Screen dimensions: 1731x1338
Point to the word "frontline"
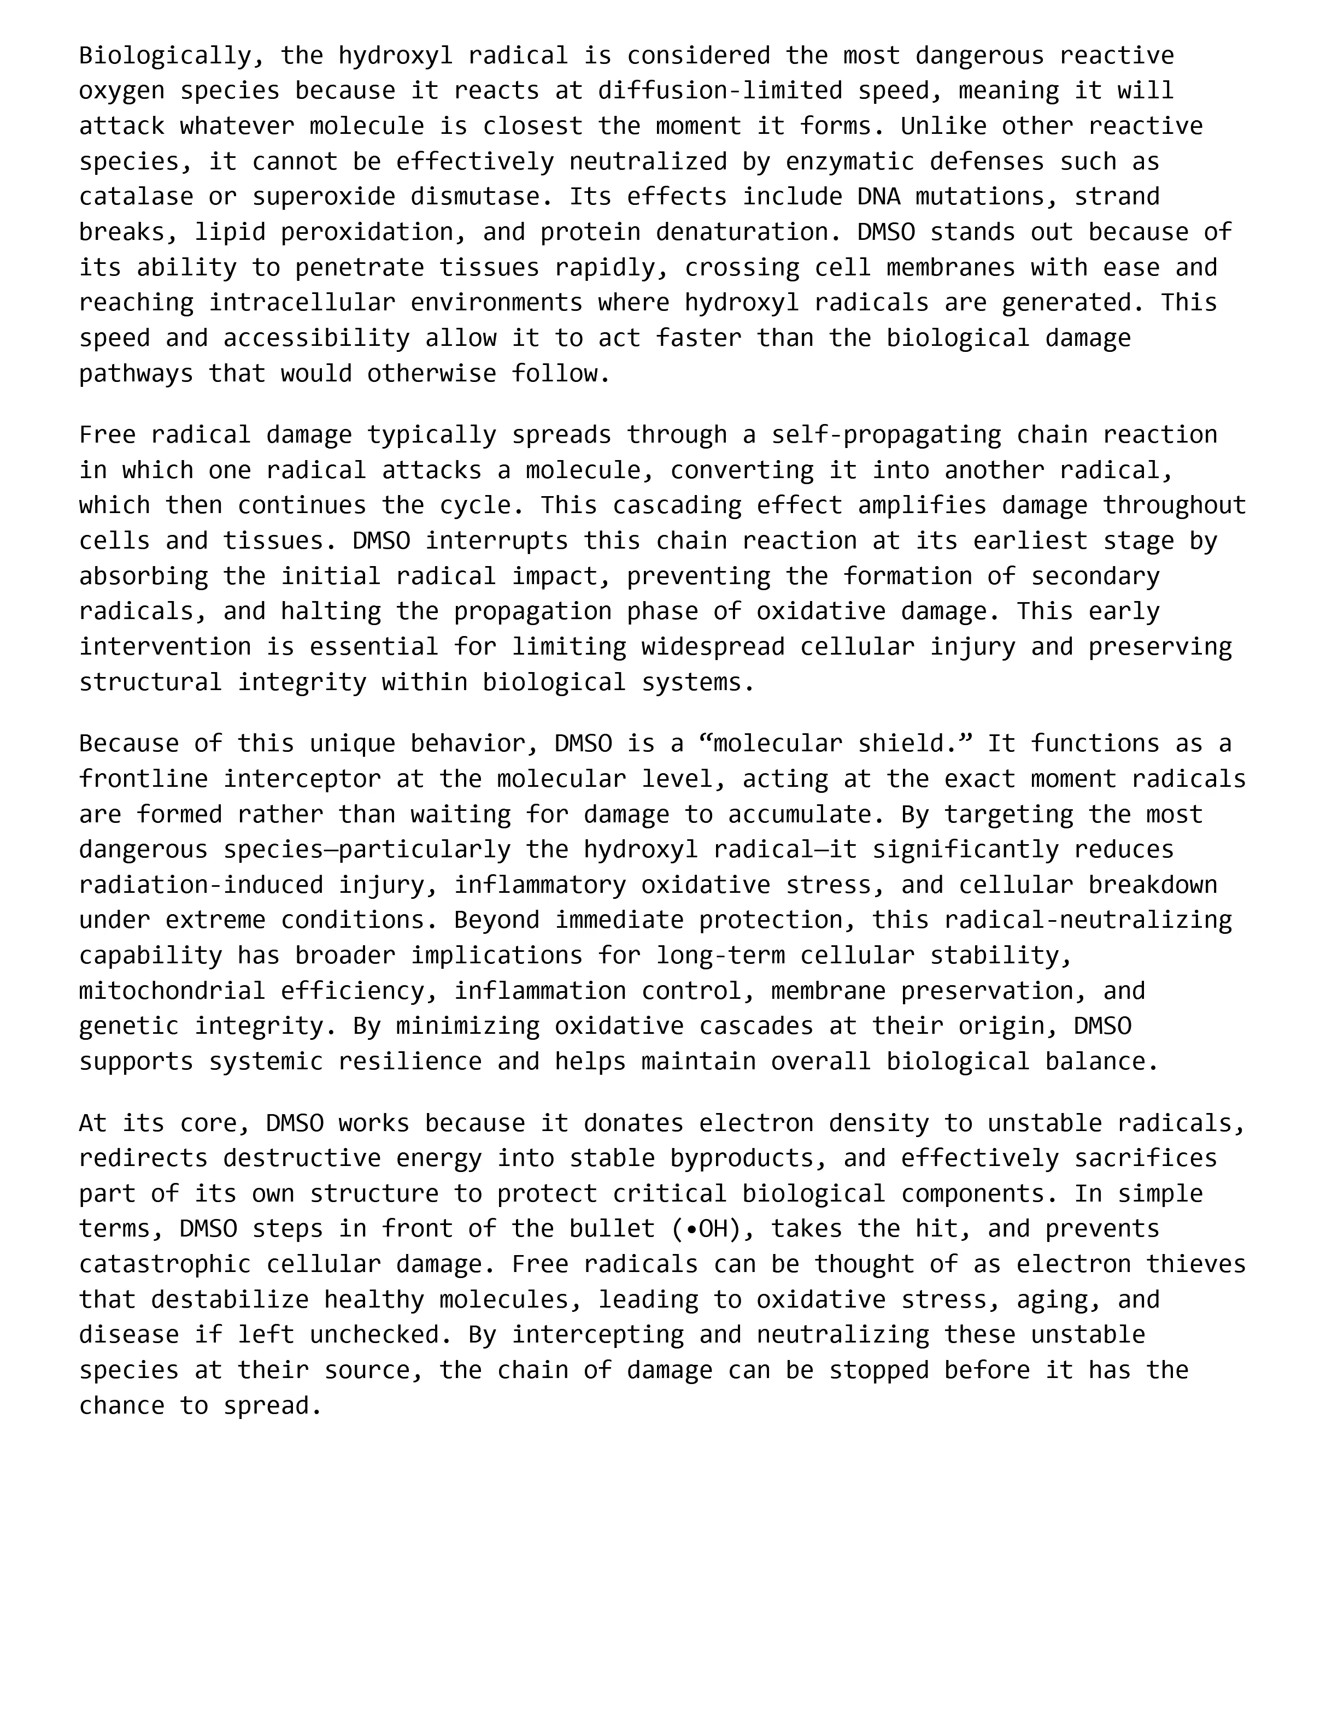[143, 779]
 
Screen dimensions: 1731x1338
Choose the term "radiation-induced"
[201, 885]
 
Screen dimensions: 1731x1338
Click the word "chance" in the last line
[121, 1405]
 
